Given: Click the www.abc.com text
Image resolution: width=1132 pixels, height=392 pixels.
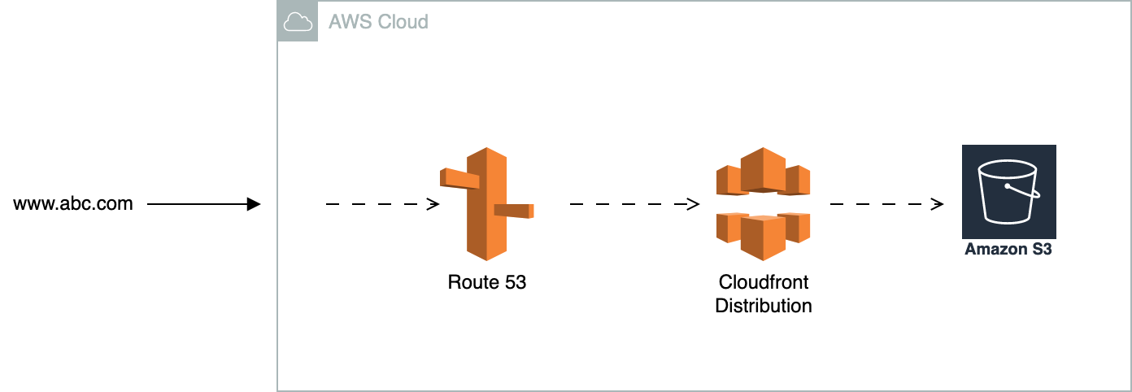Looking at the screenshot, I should coord(73,203).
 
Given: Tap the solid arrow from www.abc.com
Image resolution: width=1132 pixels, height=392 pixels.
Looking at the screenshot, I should coord(203,204).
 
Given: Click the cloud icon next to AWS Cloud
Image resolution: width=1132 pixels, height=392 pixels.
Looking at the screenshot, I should coord(298,23).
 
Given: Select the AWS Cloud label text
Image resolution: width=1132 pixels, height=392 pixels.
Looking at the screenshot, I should coord(378,22).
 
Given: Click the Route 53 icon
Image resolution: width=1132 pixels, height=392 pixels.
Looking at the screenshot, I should coord(487,203).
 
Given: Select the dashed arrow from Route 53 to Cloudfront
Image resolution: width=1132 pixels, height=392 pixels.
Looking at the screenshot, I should coord(634,204).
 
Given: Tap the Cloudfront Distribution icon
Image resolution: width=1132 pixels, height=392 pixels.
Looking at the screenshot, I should coord(763,204).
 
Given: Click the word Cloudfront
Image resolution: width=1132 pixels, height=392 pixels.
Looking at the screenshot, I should coord(763,282).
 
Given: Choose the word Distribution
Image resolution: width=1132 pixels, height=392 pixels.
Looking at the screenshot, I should coord(763,306).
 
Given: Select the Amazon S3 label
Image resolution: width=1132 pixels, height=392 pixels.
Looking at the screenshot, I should coord(1008,250).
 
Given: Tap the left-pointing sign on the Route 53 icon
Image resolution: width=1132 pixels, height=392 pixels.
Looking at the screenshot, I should coord(459,178).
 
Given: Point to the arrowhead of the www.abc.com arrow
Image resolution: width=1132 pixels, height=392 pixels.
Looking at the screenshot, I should coord(254,204).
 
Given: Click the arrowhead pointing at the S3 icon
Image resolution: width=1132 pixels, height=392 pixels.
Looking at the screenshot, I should coord(938,204).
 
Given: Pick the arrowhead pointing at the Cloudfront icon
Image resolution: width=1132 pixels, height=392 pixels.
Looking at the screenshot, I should coord(694,204).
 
